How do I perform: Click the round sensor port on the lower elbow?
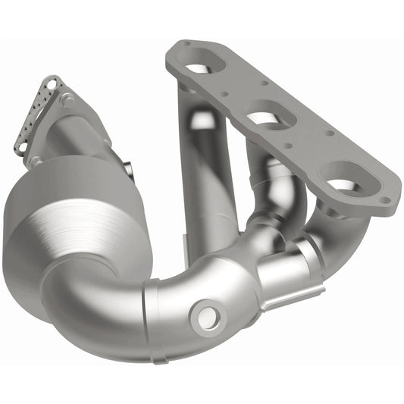(208, 315)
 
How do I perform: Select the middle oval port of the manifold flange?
(266, 117)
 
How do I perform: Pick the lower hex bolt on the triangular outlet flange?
(35, 161)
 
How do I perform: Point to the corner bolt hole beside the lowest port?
(387, 201)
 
